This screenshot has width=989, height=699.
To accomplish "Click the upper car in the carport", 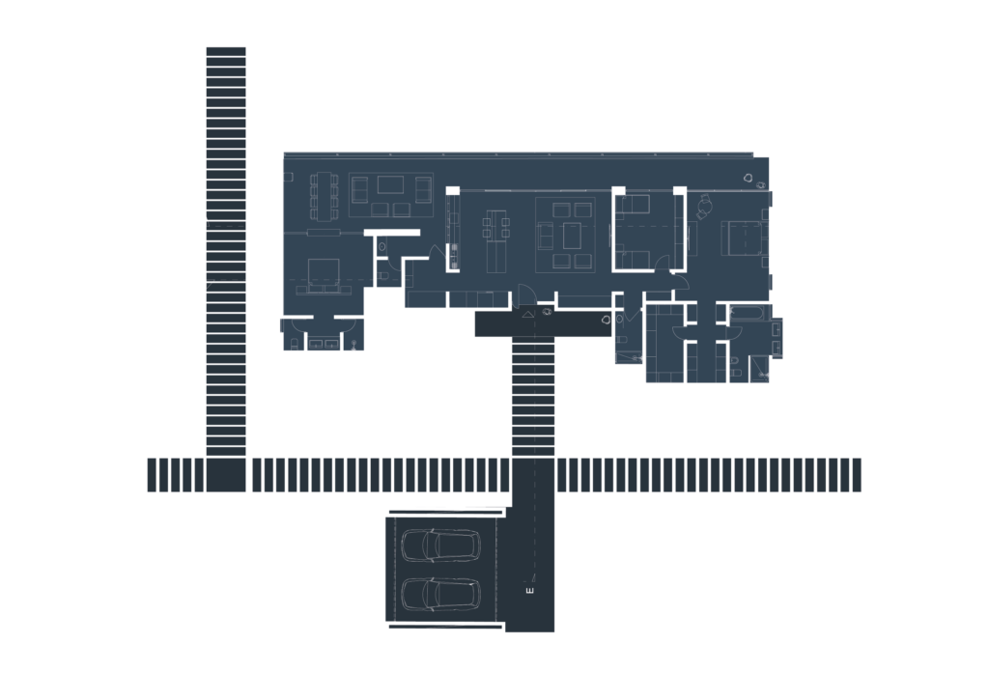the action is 440,545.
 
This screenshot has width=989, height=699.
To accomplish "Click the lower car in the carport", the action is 440,594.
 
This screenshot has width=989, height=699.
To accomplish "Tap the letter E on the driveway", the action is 529,591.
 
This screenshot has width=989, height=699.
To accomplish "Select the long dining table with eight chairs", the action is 324,196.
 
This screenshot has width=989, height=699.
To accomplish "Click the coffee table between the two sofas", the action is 390,184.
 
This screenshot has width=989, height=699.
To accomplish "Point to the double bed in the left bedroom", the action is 324,275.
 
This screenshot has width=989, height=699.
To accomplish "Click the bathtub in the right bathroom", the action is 747,313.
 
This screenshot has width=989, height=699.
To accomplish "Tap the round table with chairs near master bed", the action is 704,206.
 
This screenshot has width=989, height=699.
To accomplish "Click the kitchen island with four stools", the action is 495,240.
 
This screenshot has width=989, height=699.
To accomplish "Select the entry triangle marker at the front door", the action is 528,313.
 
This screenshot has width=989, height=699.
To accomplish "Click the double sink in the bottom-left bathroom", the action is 323,344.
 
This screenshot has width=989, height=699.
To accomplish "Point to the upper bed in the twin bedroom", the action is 633,205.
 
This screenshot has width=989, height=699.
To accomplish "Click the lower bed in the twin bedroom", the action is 633,260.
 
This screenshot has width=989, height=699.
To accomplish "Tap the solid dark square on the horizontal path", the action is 226,475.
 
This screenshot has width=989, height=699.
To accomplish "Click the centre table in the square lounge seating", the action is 572,236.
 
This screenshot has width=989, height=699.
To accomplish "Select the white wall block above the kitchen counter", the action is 452,190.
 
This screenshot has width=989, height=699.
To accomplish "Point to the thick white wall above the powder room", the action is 392,233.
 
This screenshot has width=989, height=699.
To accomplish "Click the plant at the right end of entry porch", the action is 607,320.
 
